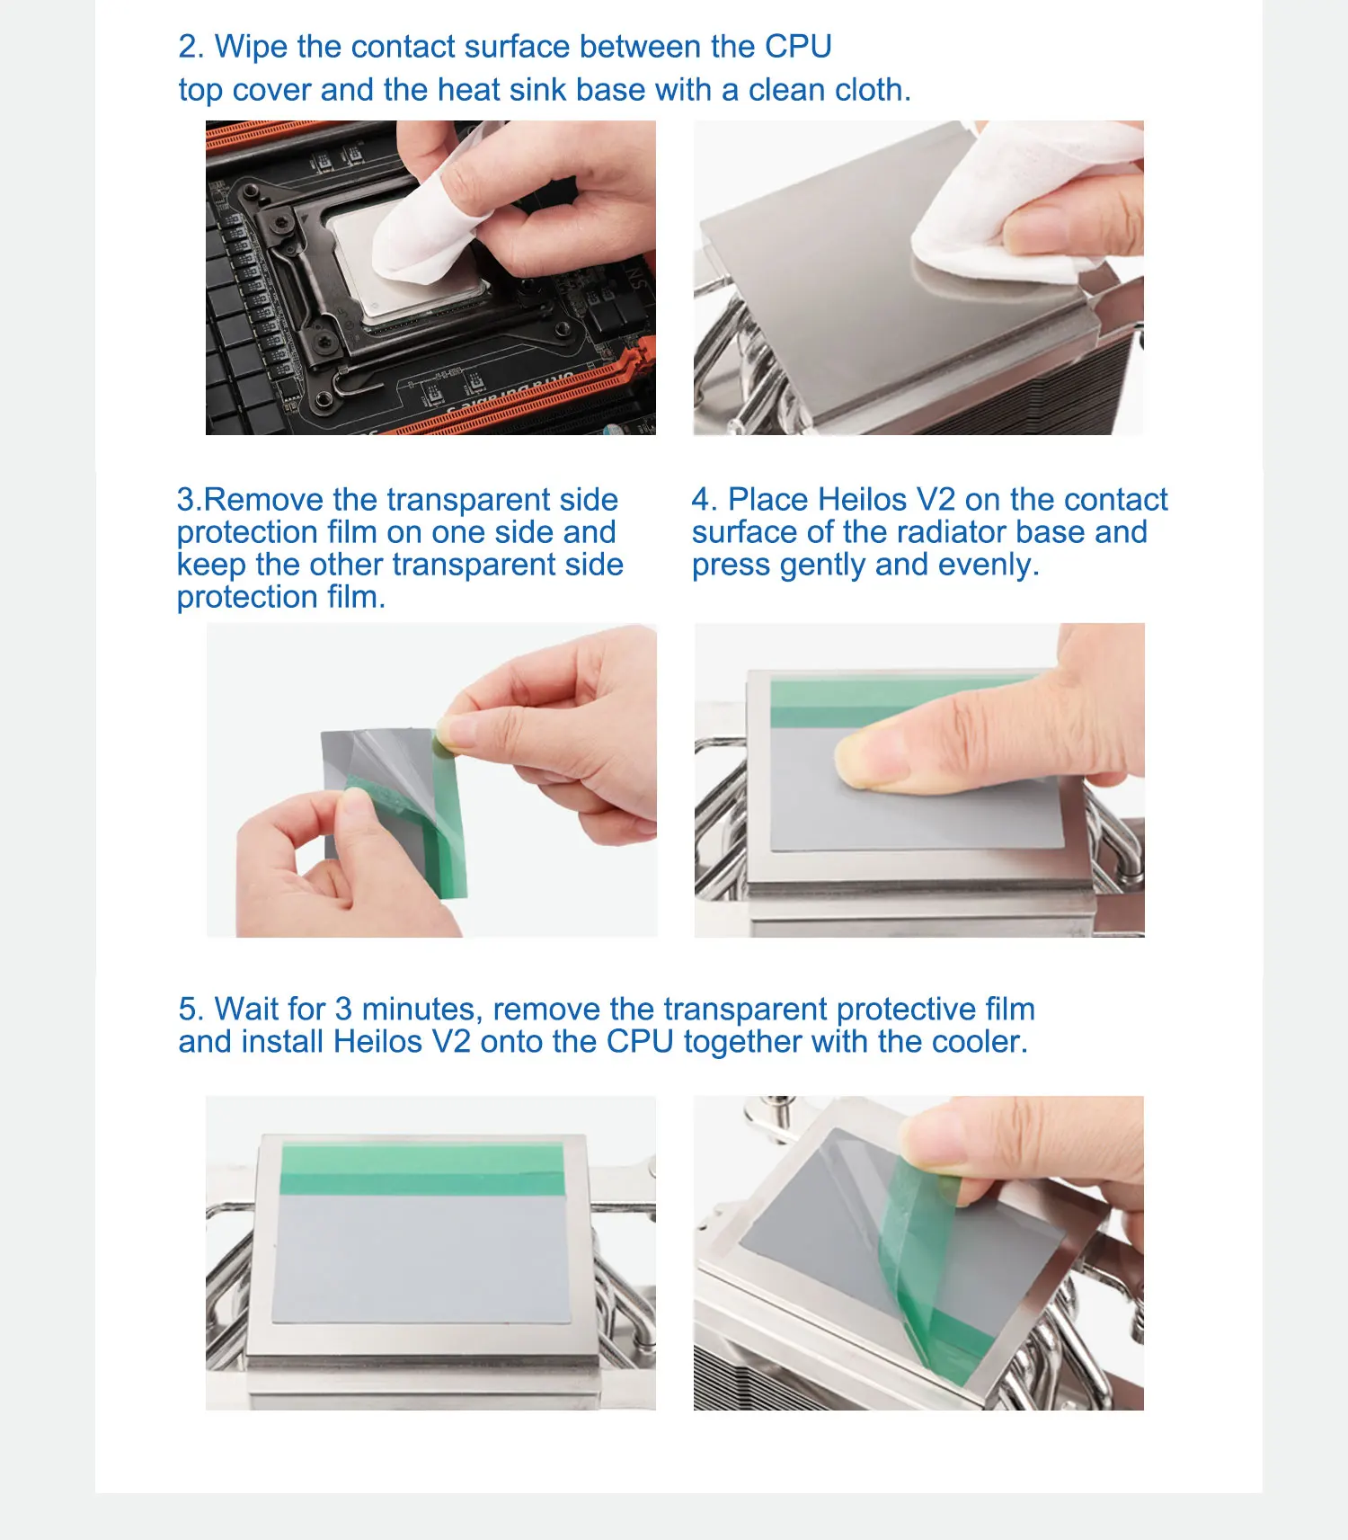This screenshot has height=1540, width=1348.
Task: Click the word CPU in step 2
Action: [798, 46]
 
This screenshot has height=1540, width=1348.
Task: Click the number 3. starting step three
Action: [190, 499]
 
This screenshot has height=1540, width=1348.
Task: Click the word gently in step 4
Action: [823, 565]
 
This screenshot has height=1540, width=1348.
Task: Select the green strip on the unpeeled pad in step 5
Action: [423, 1169]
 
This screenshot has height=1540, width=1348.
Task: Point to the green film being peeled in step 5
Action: [926, 1277]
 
